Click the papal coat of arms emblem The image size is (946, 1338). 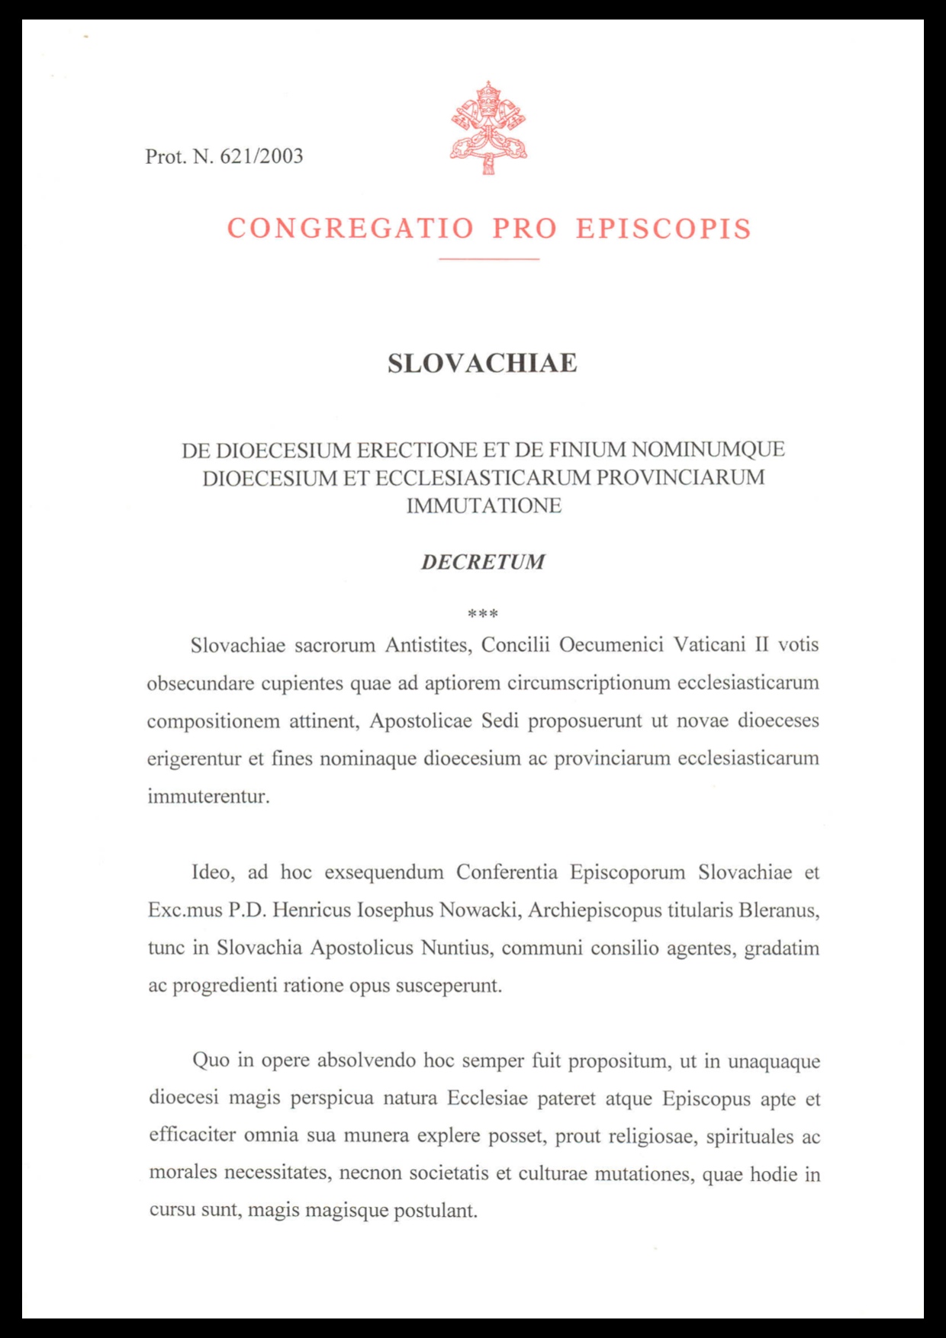488,127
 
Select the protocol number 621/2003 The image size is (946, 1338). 262,156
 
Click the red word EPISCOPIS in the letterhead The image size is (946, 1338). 664,229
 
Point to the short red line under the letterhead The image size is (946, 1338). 488,259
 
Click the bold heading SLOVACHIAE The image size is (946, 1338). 482,363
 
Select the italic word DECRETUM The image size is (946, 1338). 483,562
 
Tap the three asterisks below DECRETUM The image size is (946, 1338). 482,614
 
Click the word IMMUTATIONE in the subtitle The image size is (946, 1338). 484,505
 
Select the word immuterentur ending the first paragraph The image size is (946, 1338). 208,797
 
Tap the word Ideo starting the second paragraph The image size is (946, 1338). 211,872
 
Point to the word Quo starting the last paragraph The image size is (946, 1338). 211,1060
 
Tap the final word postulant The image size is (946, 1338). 435,1211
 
